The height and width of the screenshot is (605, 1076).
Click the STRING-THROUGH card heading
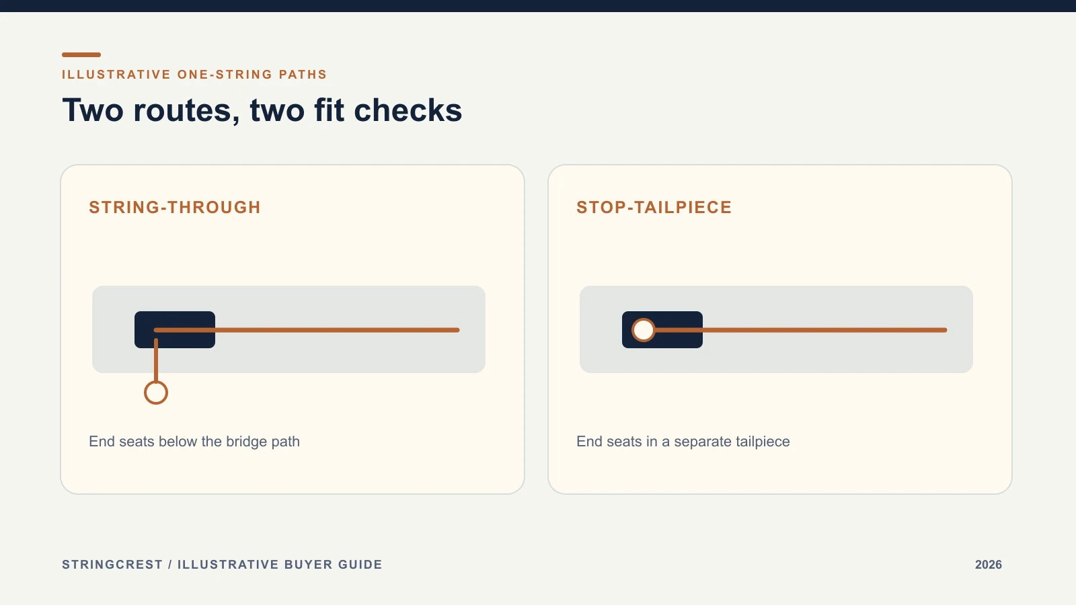coord(175,208)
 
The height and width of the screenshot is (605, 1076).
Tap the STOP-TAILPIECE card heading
coord(654,208)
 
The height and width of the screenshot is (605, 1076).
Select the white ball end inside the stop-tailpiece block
coord(643,330)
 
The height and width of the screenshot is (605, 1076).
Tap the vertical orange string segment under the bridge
coord(156,360)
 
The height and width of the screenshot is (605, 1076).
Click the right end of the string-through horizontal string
coord(459,330)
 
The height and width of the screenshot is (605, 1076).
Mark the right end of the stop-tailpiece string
coord(946,330)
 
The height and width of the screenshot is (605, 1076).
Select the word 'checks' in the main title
coord(408,110)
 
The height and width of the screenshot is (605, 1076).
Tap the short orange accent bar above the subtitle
coord(81,54)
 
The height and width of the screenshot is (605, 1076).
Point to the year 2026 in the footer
coord(988,565)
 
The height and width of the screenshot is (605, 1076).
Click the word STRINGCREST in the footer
coord(112,565)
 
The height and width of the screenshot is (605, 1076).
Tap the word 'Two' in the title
coord(93,110)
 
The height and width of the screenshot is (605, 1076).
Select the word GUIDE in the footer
coord(360,565)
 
